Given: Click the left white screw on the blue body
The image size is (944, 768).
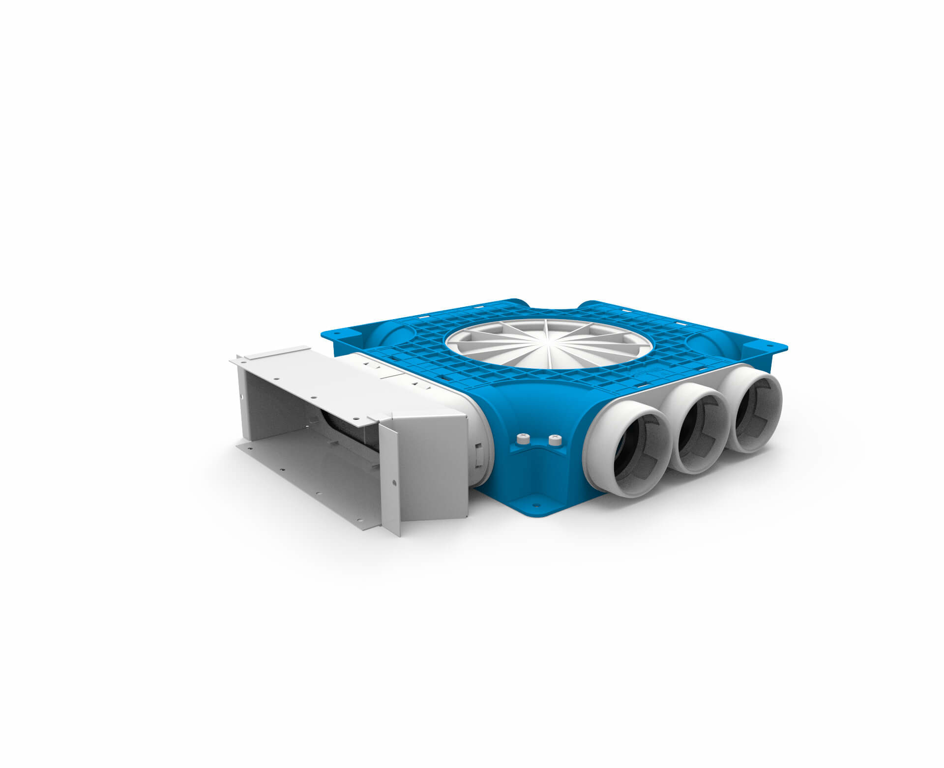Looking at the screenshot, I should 523,437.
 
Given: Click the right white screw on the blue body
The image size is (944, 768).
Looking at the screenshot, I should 554,438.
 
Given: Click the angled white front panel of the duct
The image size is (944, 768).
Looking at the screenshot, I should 433,467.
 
